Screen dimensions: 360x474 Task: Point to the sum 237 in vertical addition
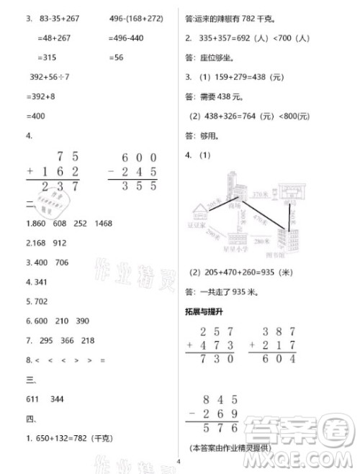click(x=60, y=186)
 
